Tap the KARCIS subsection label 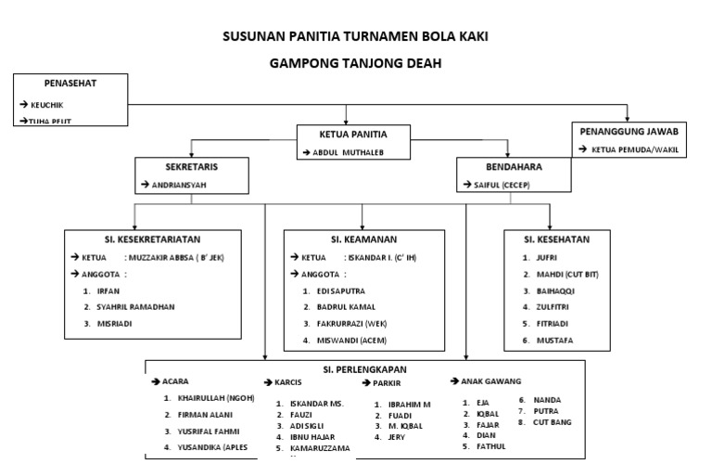click(x=288, y=382)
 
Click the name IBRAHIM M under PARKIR click(x=410, y=405)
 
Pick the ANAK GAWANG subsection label click(x=490, y=380)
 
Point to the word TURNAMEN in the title click(x=358, y=37)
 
